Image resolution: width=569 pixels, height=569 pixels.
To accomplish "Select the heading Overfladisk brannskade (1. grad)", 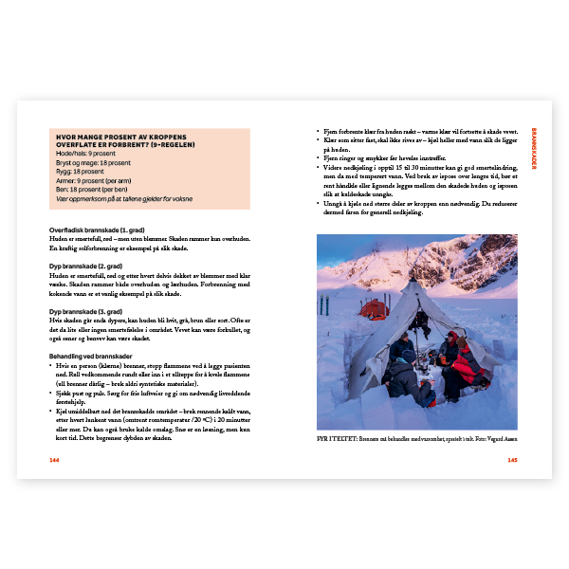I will point(83,230).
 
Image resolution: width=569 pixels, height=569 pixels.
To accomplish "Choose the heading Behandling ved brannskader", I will point(82,355).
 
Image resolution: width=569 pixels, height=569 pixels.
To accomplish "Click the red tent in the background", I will point(373,308).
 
